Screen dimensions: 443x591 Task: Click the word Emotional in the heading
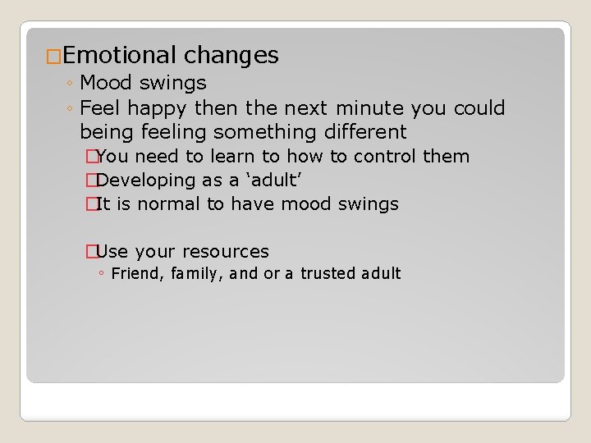pyautogui.click(x=119, y=56)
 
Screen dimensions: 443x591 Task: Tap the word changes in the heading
pyautogui.click(x=231, y=56)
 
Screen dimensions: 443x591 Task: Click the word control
pyautogui.click(x=387, y=157)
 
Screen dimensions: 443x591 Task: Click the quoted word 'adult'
pyautogui.click(x=267, y=180)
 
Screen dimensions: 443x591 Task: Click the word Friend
pyautogui.click(x=135, y=274)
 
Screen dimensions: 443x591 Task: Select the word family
pyautogui.click(x=195, y=274)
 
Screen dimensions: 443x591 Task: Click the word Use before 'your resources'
pyautogui.click(x=112, y=252)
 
